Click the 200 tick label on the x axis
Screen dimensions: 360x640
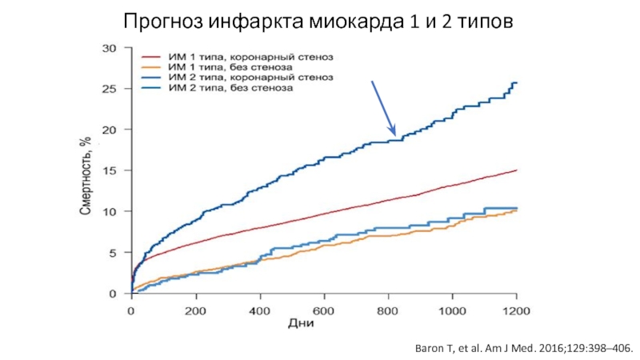[195, 310]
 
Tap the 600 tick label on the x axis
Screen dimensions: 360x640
[323, 310]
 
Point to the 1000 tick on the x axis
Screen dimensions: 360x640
[452, 310]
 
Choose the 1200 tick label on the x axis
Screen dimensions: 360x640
[516, 310]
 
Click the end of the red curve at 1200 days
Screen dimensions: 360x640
[517, 170]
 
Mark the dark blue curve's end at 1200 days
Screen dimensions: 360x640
[516, 82]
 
